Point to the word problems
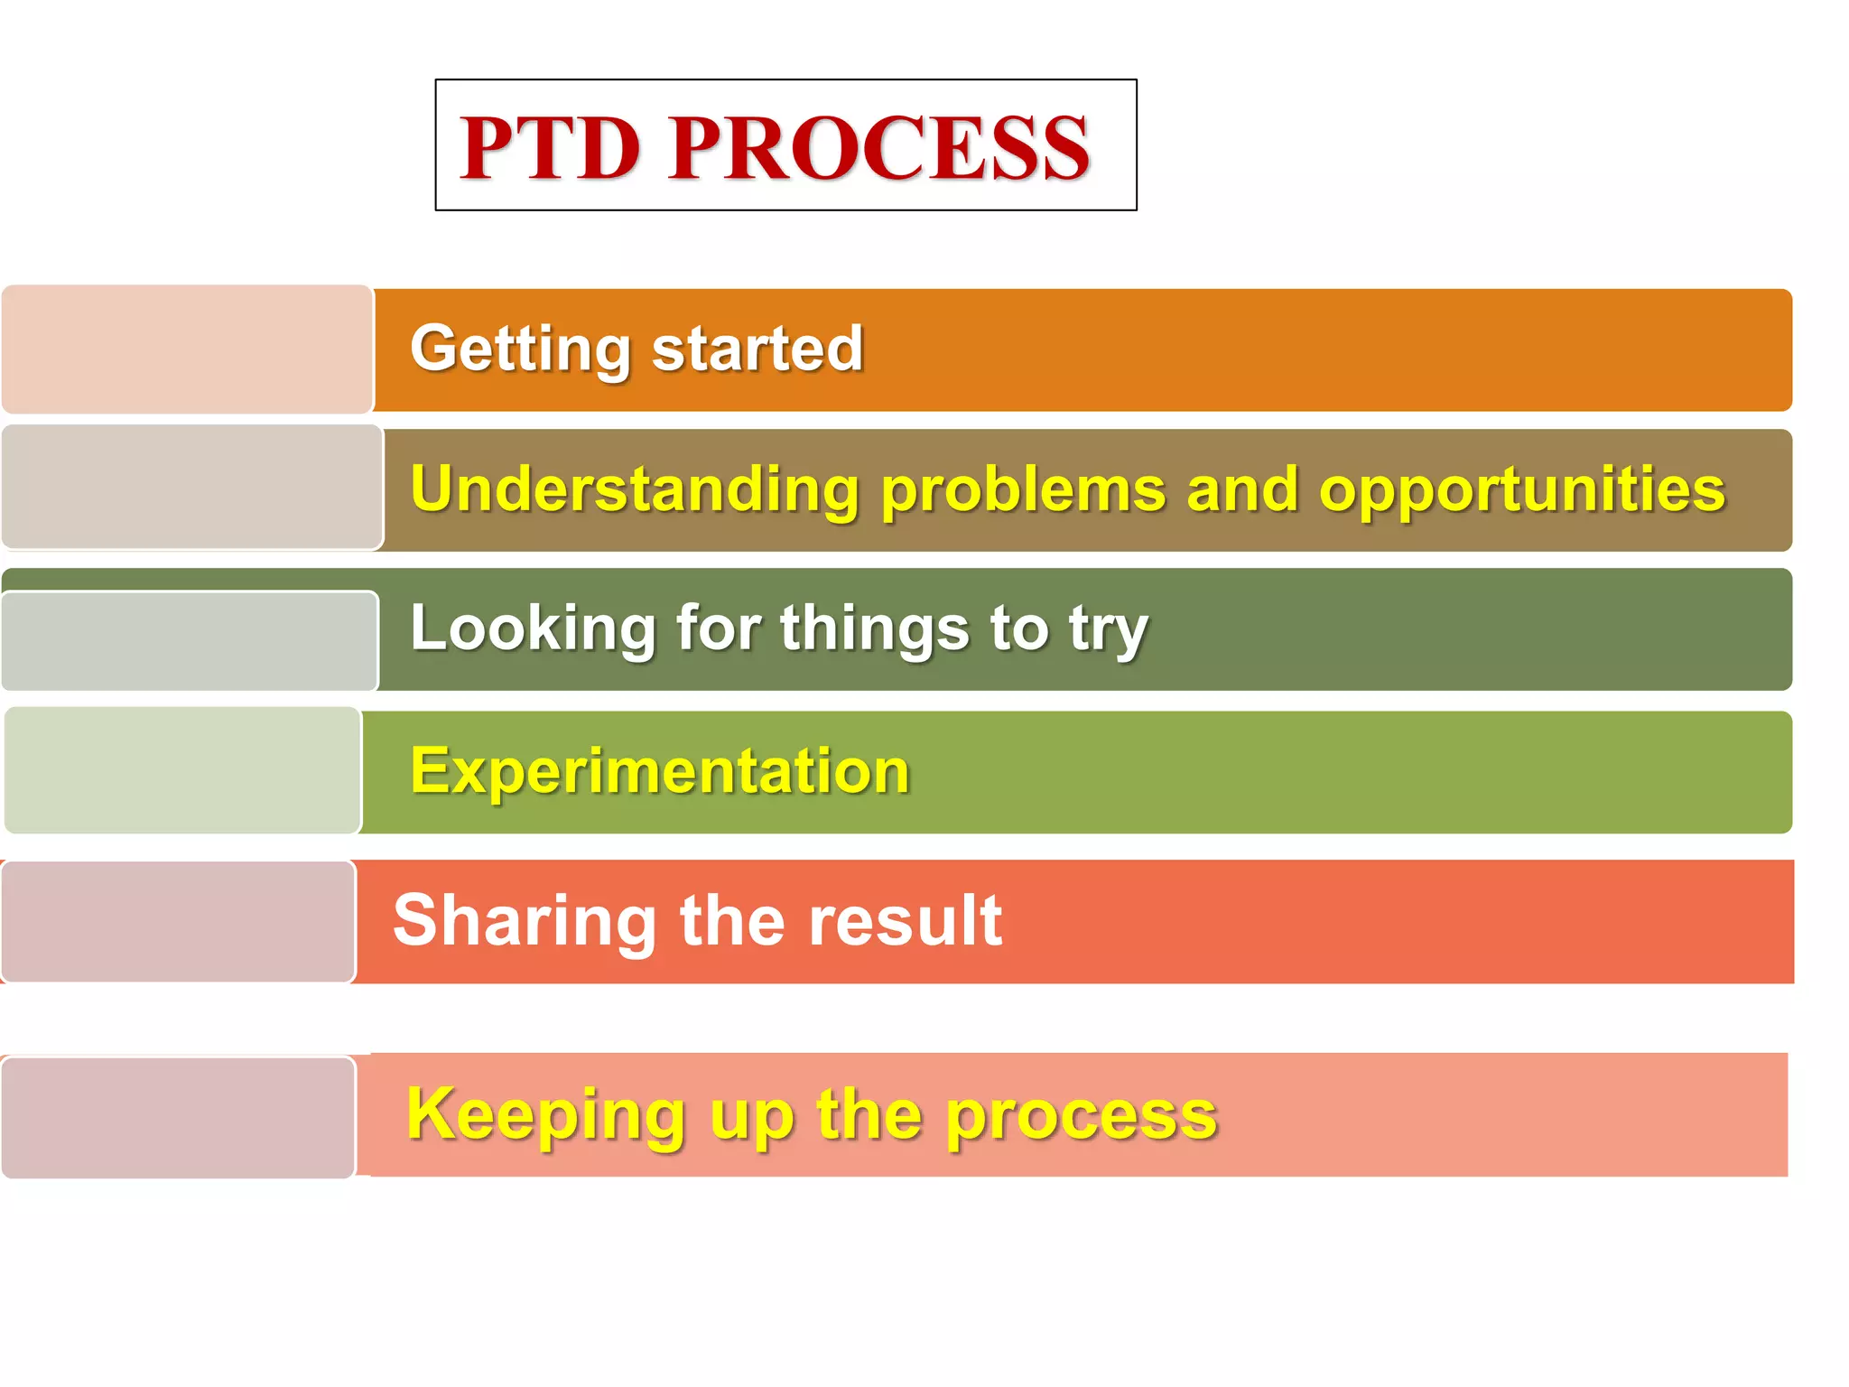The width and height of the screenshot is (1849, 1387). [x=1023, y=490]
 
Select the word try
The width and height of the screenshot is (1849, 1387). [x=1109, y=629]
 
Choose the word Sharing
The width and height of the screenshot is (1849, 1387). [x=525, y=920]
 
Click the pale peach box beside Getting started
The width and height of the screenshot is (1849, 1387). [x=187, y=349]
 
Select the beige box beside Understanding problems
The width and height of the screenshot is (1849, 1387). [x=191, y=488]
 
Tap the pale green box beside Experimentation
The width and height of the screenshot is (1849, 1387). [x=183, y=770]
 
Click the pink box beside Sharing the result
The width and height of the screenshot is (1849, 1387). [x=179, y=921]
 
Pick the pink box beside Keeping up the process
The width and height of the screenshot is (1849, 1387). [x=179, y=1117]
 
